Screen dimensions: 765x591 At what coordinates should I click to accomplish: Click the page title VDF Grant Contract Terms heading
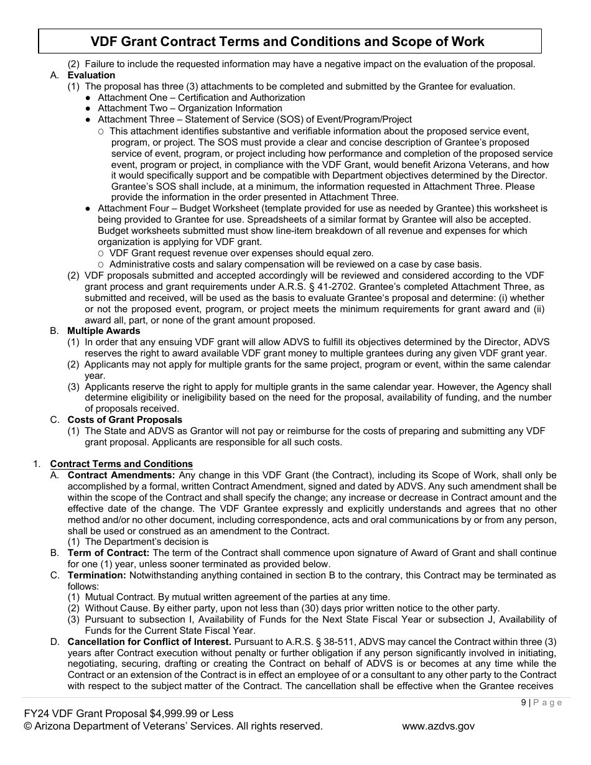(287, 42)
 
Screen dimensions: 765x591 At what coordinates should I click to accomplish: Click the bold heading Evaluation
(91, 75)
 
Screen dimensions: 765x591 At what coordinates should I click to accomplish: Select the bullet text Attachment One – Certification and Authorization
(201, 98)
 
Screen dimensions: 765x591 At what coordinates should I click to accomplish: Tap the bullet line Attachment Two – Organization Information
(190, 108)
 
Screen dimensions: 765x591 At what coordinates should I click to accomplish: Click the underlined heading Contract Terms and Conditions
(121, 464)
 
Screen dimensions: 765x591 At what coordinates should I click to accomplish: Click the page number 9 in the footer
(524, 703)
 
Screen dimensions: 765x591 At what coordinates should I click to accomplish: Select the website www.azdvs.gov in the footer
(438, 726)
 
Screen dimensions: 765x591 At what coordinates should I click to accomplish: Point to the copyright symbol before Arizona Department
(27, 726)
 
